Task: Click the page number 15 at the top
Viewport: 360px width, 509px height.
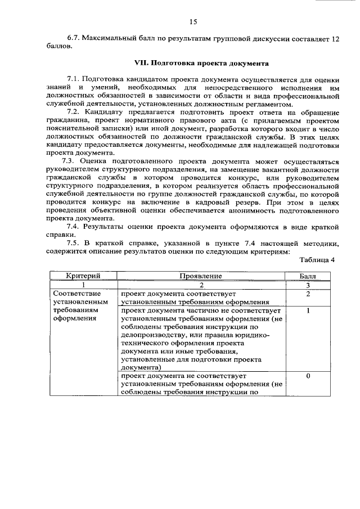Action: (x=193, y=22)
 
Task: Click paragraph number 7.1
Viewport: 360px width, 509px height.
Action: (x=75, y=79)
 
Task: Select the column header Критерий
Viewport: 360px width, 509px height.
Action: (x=83, y=276)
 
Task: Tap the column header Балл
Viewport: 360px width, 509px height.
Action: (x=308, y=276)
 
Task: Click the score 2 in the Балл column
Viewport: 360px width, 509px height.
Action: (x=308, y=294)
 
